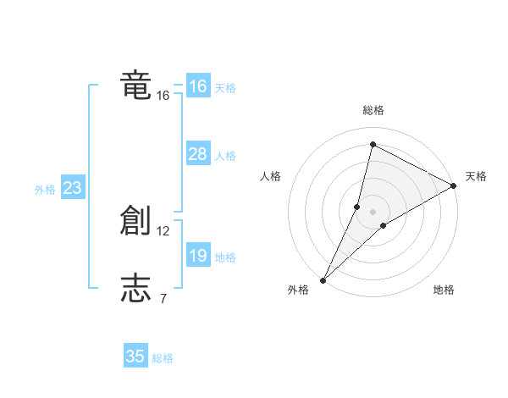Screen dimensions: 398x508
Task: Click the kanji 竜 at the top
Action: pos(135,86)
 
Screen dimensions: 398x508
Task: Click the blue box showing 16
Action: pos(197,86)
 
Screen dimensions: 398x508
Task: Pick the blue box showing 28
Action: pos(197,154)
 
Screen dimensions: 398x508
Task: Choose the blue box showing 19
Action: pos(197,256)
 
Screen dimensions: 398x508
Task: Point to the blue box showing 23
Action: pos(72,188)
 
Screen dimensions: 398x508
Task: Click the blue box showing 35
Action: pos(135,357)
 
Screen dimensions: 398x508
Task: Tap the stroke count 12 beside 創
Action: pos(163,231)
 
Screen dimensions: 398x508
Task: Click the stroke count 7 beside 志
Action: pos(163,297)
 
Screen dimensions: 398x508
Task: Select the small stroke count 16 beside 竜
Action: pos(163,96)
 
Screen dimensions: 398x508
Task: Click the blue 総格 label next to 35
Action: pos(163,359)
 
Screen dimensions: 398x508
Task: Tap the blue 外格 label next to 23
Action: pos(45,191)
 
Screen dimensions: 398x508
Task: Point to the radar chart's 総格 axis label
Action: pos(373,110)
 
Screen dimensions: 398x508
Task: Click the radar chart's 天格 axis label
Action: pos(476,177)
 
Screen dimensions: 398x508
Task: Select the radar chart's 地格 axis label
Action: pos(444,290)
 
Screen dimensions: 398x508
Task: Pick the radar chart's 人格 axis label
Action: pos(270,177)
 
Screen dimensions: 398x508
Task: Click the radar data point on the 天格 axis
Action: pos(454,185)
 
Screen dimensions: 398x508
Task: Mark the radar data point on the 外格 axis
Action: pos(323,280)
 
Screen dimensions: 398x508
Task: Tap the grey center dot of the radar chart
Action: pos(373,212)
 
